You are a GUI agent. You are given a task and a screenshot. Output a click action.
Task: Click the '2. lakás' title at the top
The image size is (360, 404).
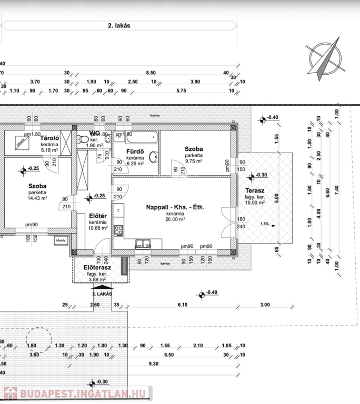pos(119,25)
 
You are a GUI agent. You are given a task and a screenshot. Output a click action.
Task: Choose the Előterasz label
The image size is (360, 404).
pos(97,268)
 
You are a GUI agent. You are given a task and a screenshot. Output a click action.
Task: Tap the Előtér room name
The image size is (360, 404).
pos(98,216)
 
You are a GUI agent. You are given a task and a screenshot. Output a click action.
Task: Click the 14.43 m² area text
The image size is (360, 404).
pos(38,198)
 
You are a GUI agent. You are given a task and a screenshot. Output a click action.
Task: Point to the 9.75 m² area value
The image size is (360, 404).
pos(193,162)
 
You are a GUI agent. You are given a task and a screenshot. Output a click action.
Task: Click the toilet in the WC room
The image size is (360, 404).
pos(84,139)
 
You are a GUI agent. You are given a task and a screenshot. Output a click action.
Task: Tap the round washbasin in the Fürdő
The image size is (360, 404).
pos(153,157)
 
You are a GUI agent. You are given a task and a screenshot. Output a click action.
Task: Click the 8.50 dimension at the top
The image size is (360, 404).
pos(151,73)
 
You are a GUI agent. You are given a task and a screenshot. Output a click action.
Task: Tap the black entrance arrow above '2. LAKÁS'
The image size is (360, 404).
pos(95,287)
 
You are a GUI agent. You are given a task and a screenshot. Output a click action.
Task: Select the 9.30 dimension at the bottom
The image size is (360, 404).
pos(154,364)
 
